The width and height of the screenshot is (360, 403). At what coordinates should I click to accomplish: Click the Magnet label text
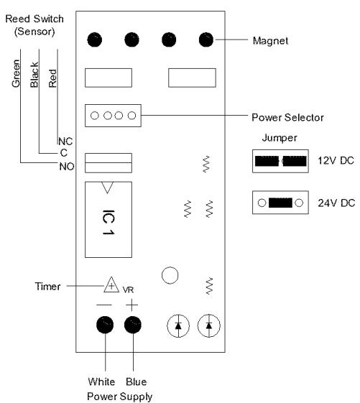pyautogui.click(x=270, y=41)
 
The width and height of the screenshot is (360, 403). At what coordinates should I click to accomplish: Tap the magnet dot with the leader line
pyautogui.click(x=206, y=40)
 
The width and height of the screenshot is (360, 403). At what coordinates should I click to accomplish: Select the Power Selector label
pyautogui.click(x=287, y=118)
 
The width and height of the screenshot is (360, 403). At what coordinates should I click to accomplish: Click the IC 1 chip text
pyautogui.click(x=109, y=222)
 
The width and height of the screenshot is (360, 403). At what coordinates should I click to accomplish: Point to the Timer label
pyautogui.click(x=47, y=287)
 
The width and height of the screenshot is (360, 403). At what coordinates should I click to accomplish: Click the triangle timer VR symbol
pyautogui.click(x=111, y=284)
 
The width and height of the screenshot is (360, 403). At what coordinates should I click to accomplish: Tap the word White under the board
pyautogui.click(x=101, y=381)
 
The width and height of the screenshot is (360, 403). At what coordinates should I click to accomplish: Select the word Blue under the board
pyautogui.click(x=137, y=381)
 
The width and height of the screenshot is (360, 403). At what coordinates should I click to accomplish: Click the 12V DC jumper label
pyautogui.click(x=336, y=161)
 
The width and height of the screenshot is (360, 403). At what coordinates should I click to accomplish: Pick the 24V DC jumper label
pyautogui.click(x=336, y=203)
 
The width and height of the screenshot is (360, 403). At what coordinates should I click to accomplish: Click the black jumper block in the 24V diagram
pyautogui.click(x=280, y=203)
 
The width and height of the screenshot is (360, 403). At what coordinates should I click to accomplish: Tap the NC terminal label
pyautogui.click(x=65, y=142)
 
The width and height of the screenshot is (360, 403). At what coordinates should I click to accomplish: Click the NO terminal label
pyautogui.click(x=67, y=167)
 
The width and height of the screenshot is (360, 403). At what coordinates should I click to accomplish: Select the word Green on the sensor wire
pyautogui.click(x=16, y=73)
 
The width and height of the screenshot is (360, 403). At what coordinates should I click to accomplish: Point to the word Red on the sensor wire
pyautogui.click(x=52, y=78)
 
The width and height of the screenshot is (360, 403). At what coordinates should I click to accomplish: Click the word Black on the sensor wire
pyautogui.click(x=34, y=75)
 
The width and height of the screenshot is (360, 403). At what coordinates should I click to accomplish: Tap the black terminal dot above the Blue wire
pyautogui.click(x=133, y=325)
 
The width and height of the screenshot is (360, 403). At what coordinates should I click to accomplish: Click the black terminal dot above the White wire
pyautogui.click(x=105, y=325)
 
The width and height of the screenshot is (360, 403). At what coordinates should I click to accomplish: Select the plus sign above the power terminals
pyautogui.click(x=132, y=305)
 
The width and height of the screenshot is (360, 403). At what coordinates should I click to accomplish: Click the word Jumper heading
pyautogui.click(x=280, y=138)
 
